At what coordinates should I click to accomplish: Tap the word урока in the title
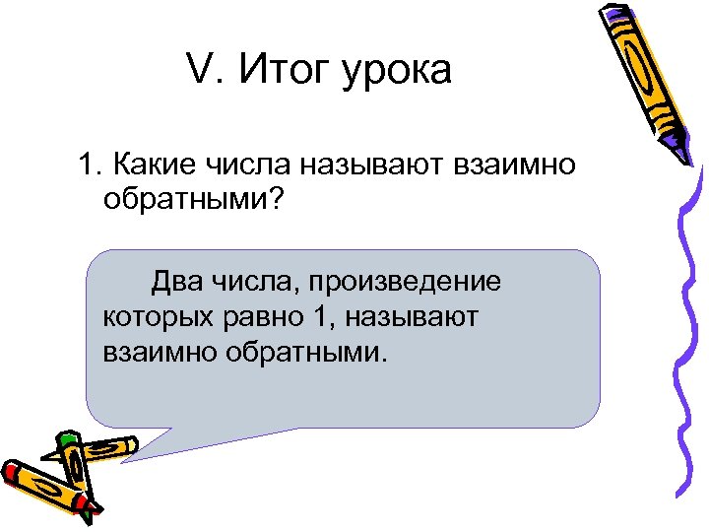pos(397,73)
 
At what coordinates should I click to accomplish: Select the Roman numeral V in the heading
pos(197,71)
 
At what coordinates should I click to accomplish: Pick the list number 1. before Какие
pos(89,162)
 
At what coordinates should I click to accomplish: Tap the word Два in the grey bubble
pos(175,283)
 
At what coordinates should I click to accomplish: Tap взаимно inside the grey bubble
pos(153,351)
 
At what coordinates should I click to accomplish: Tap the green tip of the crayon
pos(67,441)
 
